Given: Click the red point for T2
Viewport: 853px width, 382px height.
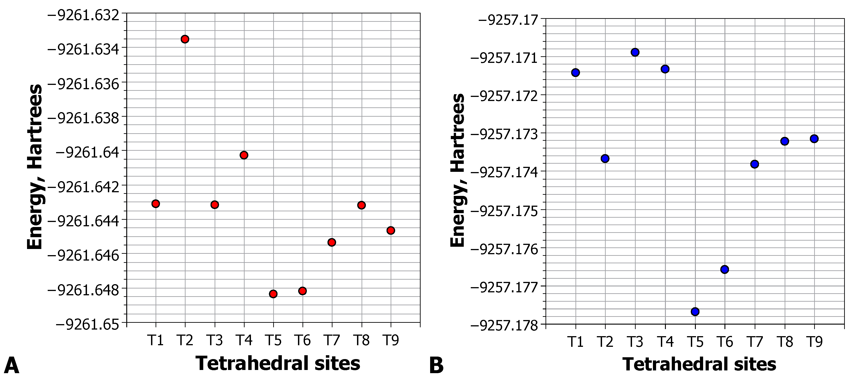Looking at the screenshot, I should (185, 39).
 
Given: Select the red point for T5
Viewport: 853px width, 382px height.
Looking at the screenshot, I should (273, 294).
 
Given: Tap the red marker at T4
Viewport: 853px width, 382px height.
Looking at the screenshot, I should (244, 155).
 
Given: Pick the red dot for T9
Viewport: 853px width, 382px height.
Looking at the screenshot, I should (391, 230).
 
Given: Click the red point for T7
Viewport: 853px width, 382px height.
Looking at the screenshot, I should (332, 242).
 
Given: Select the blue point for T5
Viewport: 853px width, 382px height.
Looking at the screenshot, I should (695, 311).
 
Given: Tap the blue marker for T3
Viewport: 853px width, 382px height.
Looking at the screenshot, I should (635, 52).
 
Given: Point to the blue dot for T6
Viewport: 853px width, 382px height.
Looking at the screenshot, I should (724, 269).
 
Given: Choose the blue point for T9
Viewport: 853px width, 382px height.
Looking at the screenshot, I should (814, 139).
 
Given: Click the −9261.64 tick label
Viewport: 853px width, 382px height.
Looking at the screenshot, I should (87, 152).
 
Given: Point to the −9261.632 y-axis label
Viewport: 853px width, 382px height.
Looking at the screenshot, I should (83, 15).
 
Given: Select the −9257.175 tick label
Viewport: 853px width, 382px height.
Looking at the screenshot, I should (505, 211).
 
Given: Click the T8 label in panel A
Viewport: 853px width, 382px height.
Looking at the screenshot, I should (361, 340).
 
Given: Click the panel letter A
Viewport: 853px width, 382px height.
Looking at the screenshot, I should (11, 365).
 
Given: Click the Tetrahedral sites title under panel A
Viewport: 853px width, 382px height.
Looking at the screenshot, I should (278, 363).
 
